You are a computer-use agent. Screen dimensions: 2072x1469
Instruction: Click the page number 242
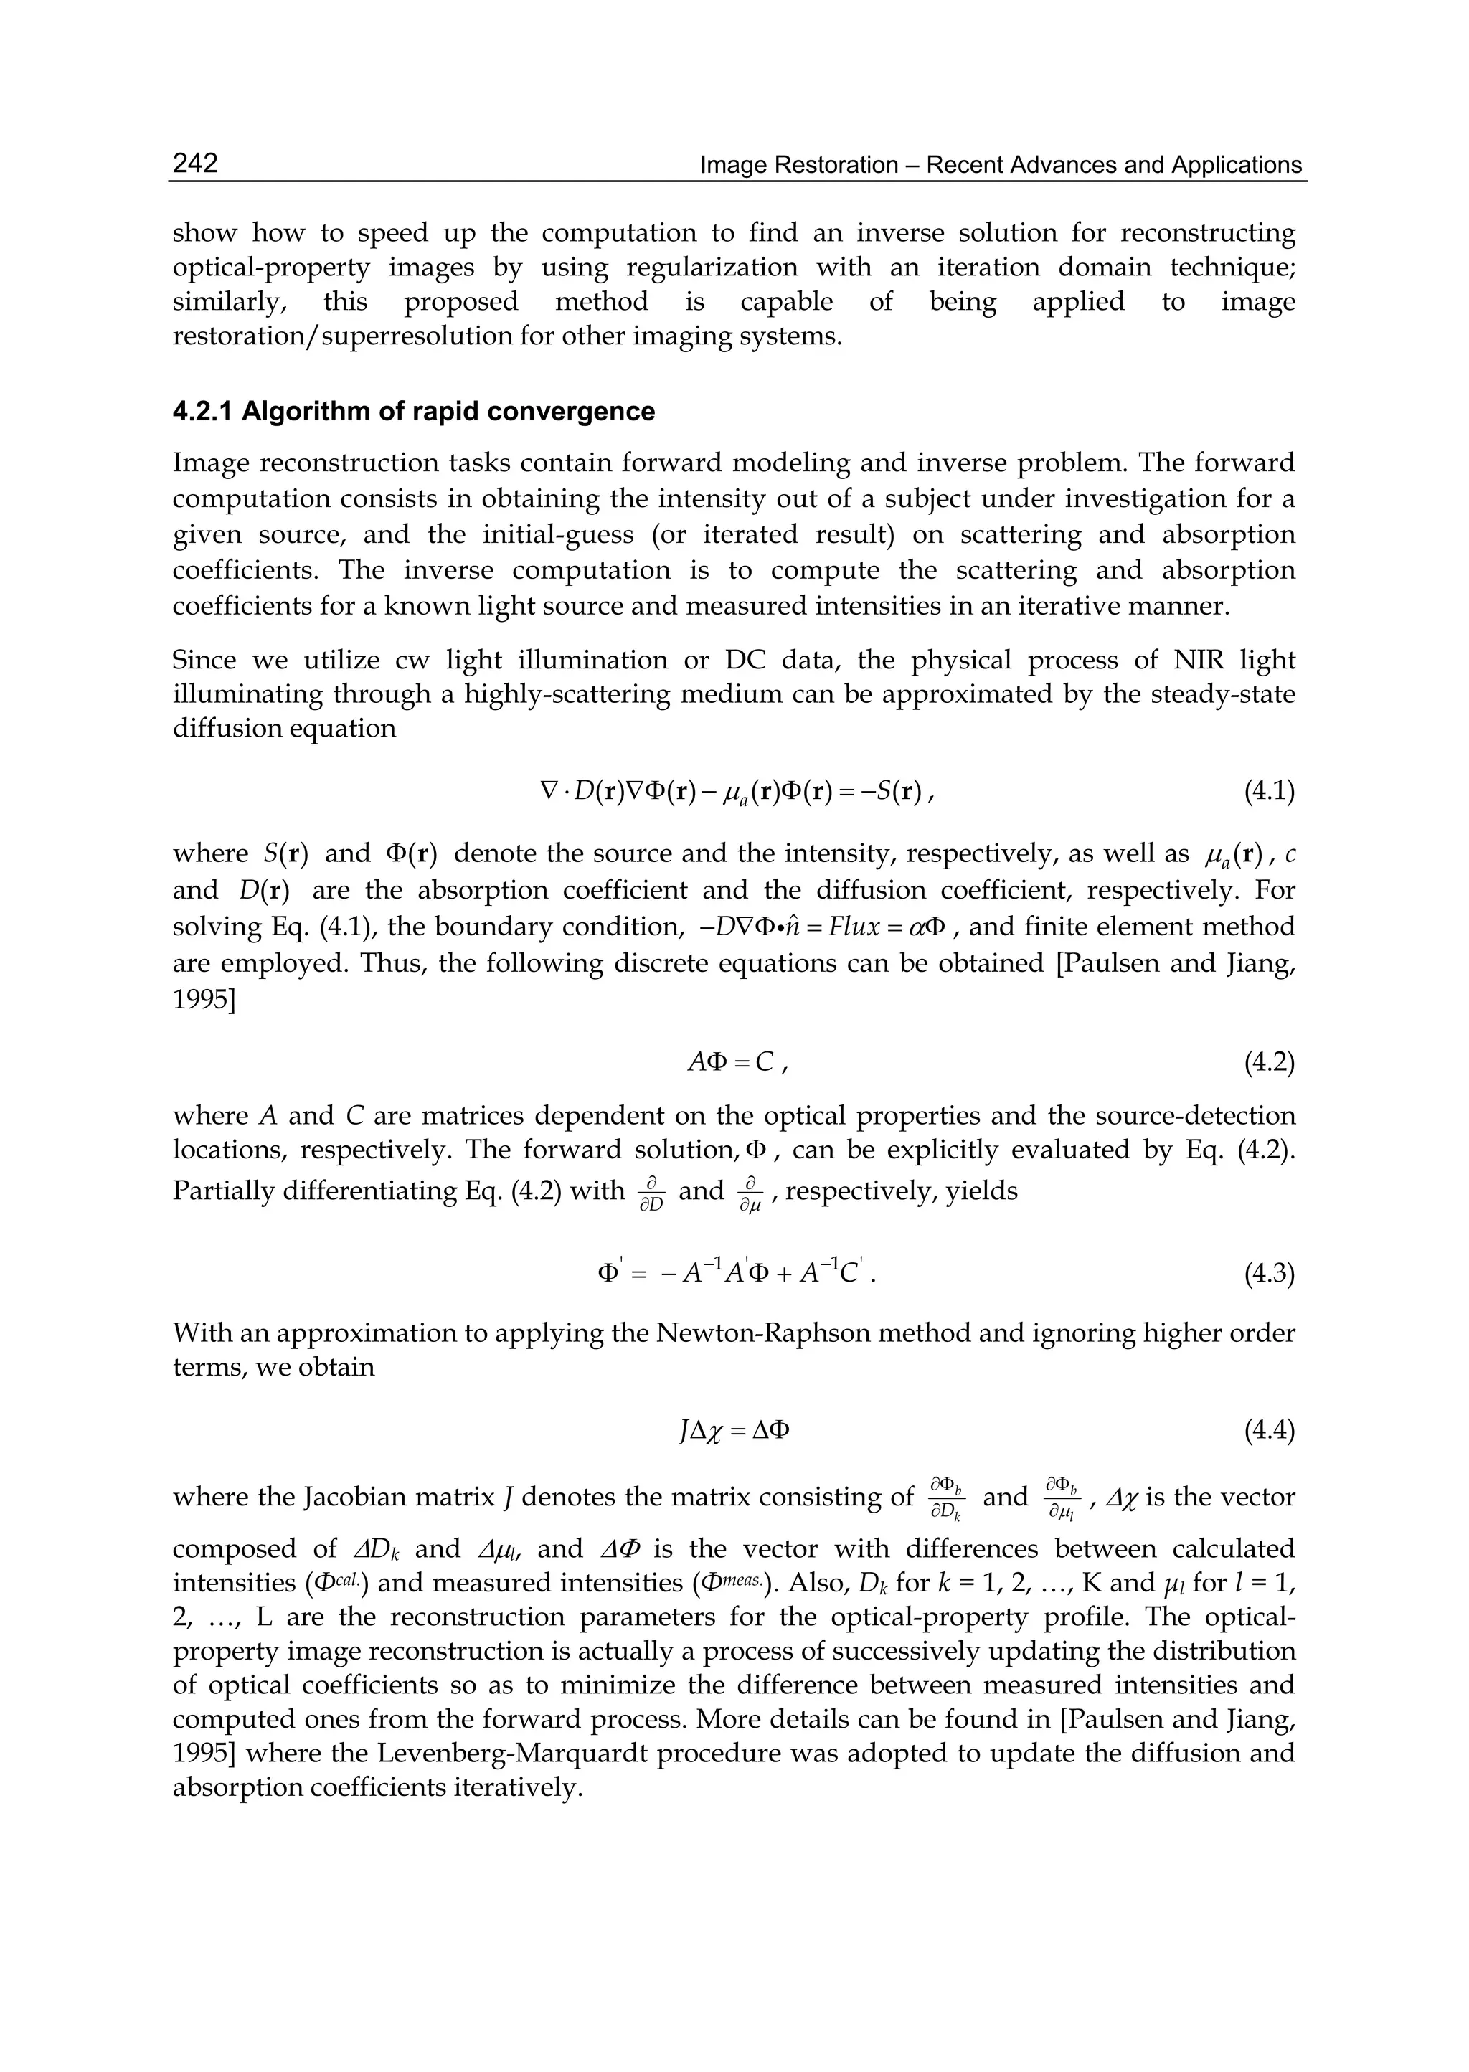click(x=195, y=164)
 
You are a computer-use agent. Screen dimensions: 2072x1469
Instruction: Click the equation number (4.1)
click(x=1269, y=793)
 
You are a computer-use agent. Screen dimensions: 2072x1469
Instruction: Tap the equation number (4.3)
click(x=1269, y=1274)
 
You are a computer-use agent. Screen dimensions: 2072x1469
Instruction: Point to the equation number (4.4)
click(x=1269, y=1431)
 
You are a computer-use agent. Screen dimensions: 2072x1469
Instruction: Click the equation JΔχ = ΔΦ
click(x=734, y=1431)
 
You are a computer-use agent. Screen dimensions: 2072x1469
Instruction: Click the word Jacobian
click(x=356, y=1497)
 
